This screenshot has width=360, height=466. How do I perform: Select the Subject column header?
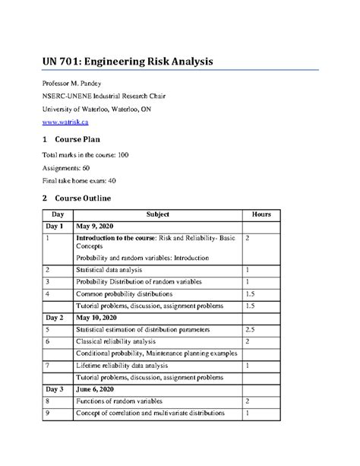pos(157,214)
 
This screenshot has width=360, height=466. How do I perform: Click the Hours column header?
pos(263,214)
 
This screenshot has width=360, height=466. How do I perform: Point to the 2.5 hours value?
pos(251,330)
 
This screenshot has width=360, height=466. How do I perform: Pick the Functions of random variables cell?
pos(120,400)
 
